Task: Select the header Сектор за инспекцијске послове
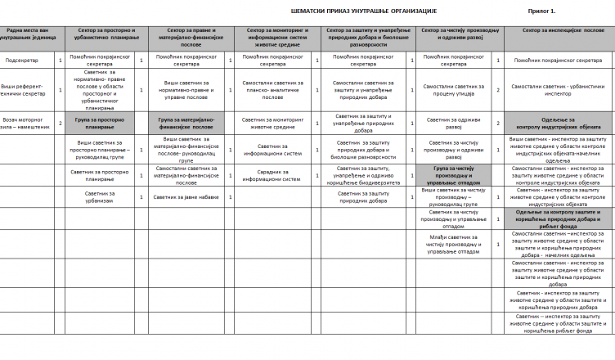[559, 30]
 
